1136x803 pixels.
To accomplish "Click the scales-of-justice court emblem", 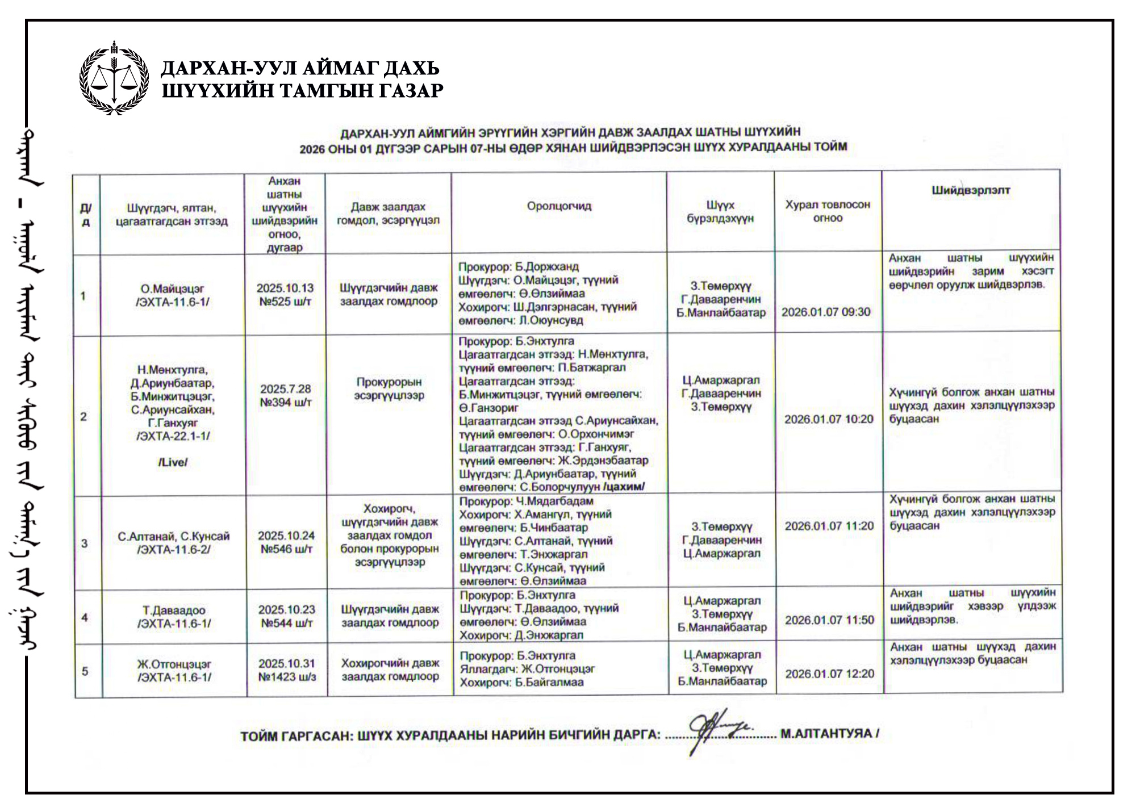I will pyautogui.click(x=114, y=78).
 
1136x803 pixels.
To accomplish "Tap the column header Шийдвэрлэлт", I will pyautogui.click(x=970, y=191).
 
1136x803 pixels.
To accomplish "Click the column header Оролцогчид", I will pyautogui.click(x=559, y=206).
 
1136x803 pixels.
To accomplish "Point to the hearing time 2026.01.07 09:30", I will pyautogui.click(x=825, y=312).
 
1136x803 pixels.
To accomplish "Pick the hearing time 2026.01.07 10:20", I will pyautogui.click(x=829, y=419).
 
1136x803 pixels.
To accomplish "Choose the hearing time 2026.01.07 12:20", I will pyautogui.click(x=829, y=674).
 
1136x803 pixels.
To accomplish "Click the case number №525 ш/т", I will pyautogui.click(x=285, y=302).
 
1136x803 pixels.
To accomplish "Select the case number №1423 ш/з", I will pyautogui.click(x=287, y=677).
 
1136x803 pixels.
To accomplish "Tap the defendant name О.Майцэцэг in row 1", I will pyautogui.click(x=172, y=289).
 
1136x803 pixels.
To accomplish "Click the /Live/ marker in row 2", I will pyautogui.click(x=173, y=462).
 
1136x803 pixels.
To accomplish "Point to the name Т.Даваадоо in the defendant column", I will pyautogui.click(x=174, y=610).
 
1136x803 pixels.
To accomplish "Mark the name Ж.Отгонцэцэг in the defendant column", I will pyautogui.click(x=174, y=664).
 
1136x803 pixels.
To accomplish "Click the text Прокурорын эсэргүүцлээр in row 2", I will pyautogui.click(x=389, y=388).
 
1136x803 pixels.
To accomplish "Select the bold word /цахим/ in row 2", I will pyautogui.click(x=624, y=487).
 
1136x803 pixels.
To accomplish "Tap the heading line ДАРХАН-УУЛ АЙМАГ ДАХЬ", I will pyautogui.click(x=300, y=68).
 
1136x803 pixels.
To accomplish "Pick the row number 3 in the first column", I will pyautogui.click(x=84, y=543).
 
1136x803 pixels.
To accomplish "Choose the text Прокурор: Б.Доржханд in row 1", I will pyautogui.click(x=518, y=267).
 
